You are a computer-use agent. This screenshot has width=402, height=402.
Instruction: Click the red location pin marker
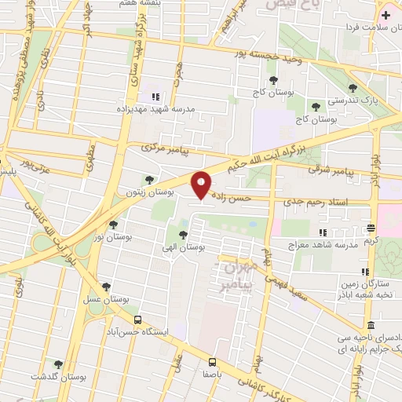(202, 185)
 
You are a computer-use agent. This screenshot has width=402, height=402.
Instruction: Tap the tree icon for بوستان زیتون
(149, 181)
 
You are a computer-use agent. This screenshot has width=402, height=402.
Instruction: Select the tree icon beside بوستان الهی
(183, 235)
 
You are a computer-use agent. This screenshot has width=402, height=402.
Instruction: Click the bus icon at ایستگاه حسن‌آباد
(138, 320)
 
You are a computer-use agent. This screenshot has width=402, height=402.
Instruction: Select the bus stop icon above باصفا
(212, 362)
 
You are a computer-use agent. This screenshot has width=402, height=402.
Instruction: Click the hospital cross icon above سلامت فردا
(385, 15)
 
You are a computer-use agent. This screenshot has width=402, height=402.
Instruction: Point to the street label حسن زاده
(232, 199)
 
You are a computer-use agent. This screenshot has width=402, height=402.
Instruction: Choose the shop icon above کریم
(371, 228)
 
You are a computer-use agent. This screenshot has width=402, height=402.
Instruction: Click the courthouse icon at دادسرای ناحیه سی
(371, 325)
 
